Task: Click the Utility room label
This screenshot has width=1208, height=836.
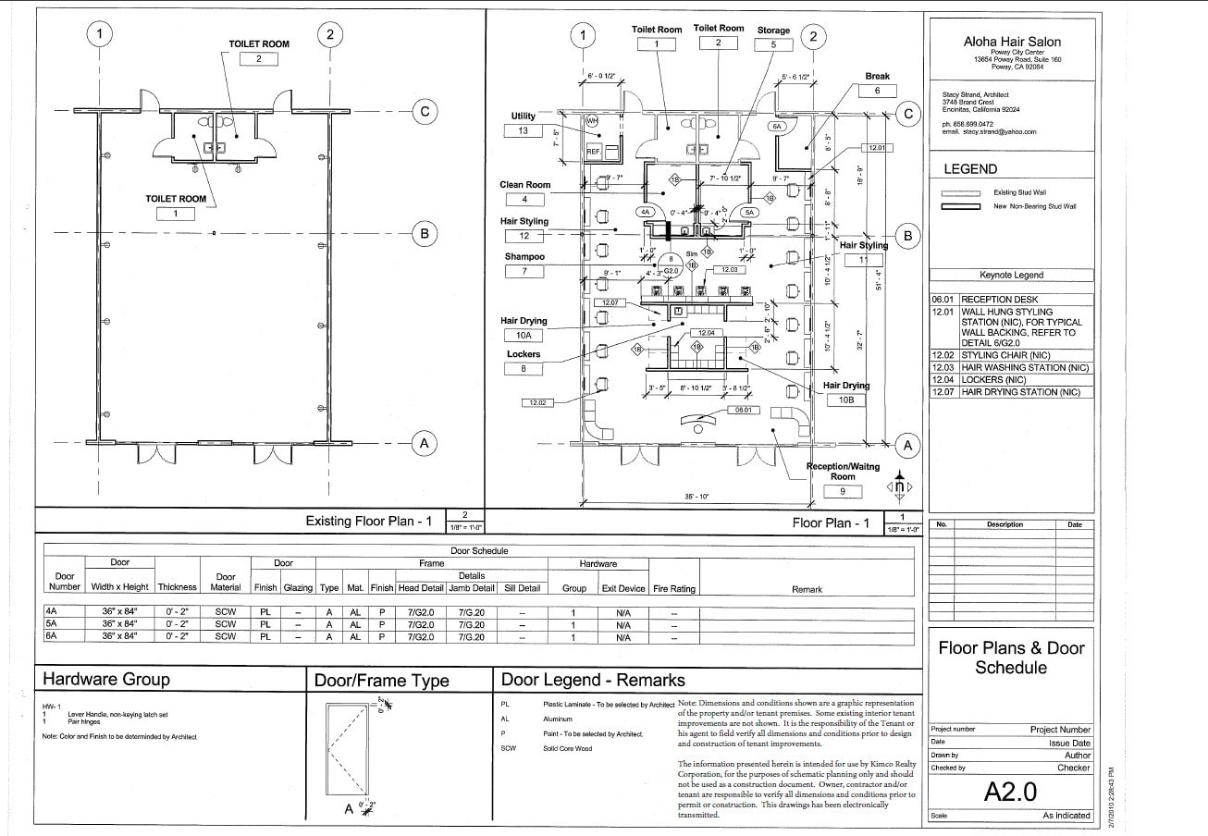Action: click(523, 117)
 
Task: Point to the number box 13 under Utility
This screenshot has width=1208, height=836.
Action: click(523, 131)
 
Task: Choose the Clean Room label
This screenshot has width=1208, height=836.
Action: click(524, 185)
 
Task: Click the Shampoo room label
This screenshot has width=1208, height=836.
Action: click(524, 256)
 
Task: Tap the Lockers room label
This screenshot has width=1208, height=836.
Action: click(524, 354)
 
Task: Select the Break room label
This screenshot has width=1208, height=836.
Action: click(877, 76)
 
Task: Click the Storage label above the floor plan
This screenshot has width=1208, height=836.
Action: click(773, 31)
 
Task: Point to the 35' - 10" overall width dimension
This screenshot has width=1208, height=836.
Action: click(696, 498)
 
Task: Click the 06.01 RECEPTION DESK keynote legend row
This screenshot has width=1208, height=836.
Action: click(1012, 300)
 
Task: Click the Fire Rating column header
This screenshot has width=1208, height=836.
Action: click(674, 589)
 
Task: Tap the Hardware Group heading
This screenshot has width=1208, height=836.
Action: click(106, 680)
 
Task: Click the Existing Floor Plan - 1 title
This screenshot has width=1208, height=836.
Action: click(369, 522)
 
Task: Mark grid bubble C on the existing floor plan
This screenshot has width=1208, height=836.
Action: click(425, 112)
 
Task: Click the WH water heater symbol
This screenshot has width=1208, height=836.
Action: click(592, 120)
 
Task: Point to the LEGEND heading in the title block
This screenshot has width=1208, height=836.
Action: click(969, 169)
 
